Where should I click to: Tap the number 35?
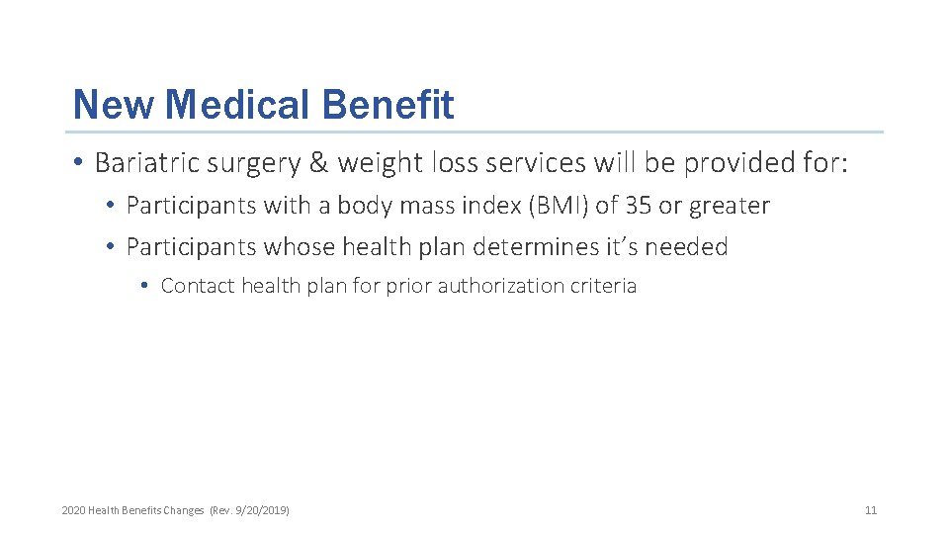pos(640,206)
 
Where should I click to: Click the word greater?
pos(730,207)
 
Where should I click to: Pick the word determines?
pos(532,246)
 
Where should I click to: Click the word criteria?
pos(604,286)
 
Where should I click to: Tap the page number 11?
pos(871,510)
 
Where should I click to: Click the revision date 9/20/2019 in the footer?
pos(262,510)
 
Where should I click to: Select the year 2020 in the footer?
pos(73,510)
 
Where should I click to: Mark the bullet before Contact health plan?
pos(144,286)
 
